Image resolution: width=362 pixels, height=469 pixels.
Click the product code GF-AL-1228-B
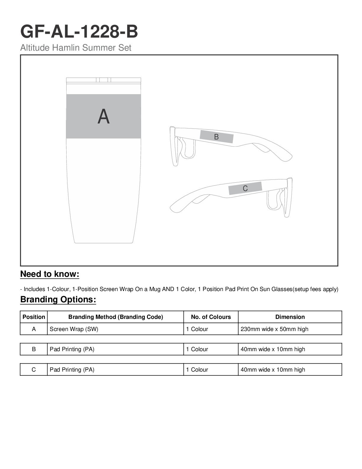tap(79, 32)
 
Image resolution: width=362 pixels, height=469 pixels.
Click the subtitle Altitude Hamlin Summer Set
tap(76, 48)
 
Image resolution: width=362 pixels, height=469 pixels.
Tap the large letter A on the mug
tap(104, 117)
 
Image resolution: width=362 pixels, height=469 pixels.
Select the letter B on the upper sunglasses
tap(216, 137)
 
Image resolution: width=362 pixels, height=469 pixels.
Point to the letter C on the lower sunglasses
tap(245, 188)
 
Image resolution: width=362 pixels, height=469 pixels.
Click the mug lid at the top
tap(104, 80)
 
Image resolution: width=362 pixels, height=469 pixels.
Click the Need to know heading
tap(50, 274)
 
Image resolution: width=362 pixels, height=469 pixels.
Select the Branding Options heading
tap(58, 300)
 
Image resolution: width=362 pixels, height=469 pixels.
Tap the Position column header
tap(34, 317)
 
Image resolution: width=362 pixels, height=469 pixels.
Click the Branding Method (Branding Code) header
tap(116, 317)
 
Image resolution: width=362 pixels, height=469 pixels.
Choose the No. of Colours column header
tap(211, 317)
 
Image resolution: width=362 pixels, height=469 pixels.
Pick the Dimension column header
tap(290, 317)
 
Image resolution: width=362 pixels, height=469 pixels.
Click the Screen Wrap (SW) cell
tap(74, 329)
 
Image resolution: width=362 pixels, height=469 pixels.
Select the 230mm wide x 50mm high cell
tap(274, 329)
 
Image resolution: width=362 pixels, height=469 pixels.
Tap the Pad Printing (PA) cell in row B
tap(72, 349)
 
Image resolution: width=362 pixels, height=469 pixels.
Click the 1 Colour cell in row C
tap(197, 370)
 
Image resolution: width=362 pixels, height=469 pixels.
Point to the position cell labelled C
tap(34, 370)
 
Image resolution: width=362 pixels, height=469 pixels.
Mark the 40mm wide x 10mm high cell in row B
tap(273, 349)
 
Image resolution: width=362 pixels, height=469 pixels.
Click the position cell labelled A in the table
tap(34, 329)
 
